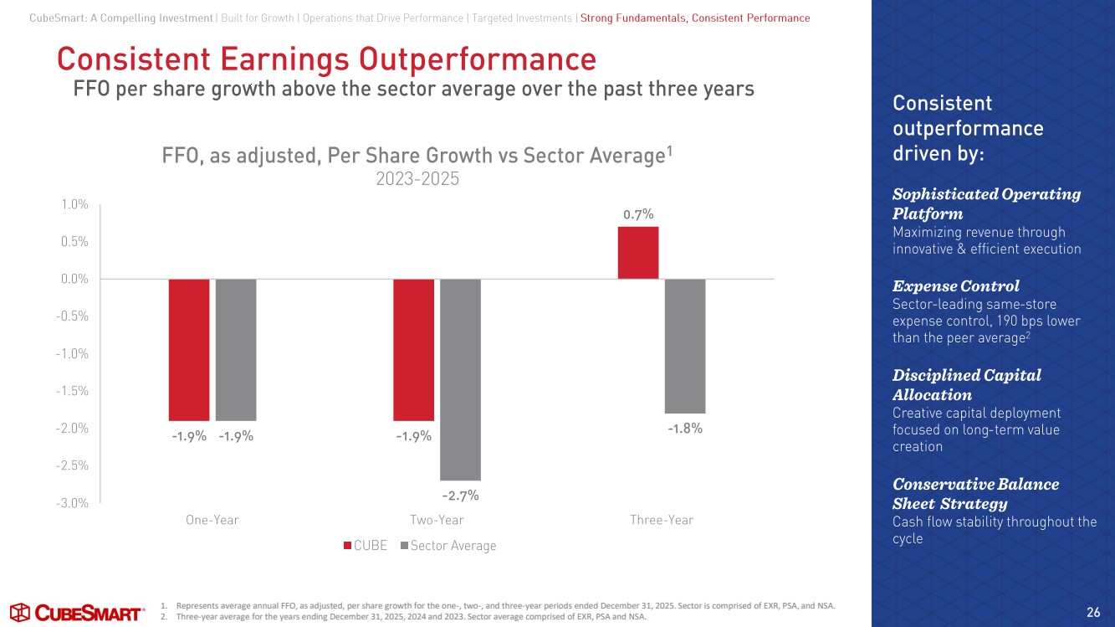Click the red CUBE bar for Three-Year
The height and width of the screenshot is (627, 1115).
tap(637, 253)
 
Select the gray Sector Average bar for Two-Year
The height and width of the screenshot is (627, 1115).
tap(460, 379)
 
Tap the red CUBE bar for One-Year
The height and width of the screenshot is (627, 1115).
tap(189, 349)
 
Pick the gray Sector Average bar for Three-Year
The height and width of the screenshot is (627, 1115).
tap(685, 346)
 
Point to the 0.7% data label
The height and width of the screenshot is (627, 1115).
tap(637, 215)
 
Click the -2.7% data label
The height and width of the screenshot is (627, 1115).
tap(460, 496)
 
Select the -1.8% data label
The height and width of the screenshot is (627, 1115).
tap(684, 429)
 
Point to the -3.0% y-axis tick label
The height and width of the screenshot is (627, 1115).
tap(73, 503)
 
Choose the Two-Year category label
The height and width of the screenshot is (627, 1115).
tap(437, 520)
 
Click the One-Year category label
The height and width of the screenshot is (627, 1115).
tap(212, 520)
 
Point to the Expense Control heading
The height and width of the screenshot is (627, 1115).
tap(956, 285)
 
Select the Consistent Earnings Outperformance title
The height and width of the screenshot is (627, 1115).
tap(326, 59)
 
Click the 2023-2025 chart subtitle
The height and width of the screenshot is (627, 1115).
tap(417, 179)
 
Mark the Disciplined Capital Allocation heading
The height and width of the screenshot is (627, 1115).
tap(966, 384)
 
